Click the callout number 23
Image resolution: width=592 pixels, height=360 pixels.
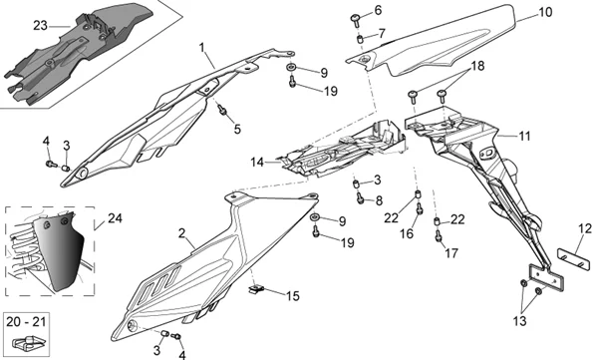tap(41, 26)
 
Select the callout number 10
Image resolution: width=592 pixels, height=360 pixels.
tap(545, 12)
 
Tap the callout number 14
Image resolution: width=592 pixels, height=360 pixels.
tap(257, 163)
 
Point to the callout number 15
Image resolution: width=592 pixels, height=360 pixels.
tap(292, 296)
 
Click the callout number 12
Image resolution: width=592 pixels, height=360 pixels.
tap(585, 229)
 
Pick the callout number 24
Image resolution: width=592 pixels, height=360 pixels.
tap(115, 218)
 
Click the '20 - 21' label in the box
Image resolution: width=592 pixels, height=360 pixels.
tap(26, 322)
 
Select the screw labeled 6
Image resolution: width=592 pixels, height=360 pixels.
tap(356, 20)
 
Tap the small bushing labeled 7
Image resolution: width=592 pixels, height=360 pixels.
tap(361, 39)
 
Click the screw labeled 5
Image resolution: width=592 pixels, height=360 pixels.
tap(222, 110)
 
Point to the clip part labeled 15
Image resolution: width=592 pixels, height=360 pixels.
tap(256, 289)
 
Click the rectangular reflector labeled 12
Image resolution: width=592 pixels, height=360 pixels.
tap(574, 258)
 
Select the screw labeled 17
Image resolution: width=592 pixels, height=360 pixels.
tap(439, 236)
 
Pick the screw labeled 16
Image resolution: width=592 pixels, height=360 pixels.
tap(419, 208)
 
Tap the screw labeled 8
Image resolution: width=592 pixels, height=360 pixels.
tap(360, 197)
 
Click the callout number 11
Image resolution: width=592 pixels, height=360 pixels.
tap(524, 136)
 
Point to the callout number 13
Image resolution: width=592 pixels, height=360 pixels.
tap(519, 321)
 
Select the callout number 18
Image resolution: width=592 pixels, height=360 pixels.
tap(477, 66)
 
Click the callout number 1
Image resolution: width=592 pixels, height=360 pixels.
tap(202, 47)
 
